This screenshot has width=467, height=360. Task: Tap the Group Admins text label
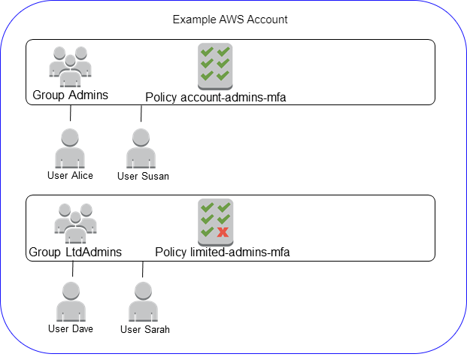(x=70, y=95)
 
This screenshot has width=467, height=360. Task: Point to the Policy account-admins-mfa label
(x=215, y=97)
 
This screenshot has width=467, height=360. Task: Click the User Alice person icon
(x=71, y=148)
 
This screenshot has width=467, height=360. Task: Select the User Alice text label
(x=70, y=175)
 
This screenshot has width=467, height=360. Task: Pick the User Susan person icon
(x=141, y=148)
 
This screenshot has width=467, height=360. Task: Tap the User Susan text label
(x=143, y=176)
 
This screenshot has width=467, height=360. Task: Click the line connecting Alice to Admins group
(x=71, y=113)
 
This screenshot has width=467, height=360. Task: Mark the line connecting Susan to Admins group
(x=141, y=113)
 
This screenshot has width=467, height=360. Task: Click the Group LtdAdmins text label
(x=74, y=253)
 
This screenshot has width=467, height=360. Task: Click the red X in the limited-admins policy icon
(x=223, y=232)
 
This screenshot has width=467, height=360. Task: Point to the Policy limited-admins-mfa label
(x=222, y=253)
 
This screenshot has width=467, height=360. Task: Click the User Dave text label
(x=71, y=328)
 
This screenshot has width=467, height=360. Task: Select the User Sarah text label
(x=144, y=329)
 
